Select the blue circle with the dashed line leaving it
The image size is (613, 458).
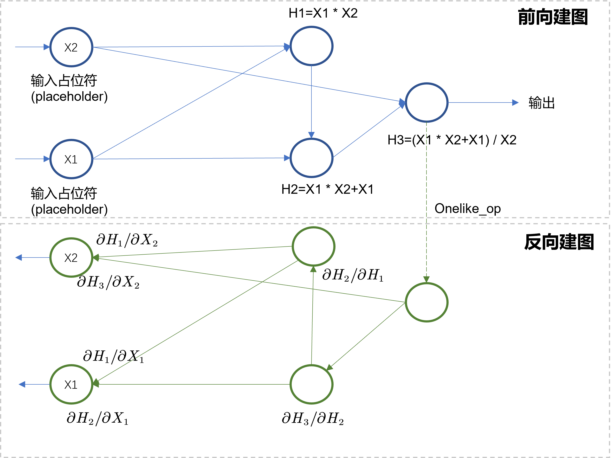click(x=426, y=103)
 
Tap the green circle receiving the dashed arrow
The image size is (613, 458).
click(x=426, y=302)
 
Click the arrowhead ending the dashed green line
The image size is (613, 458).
click(x=426, y=279)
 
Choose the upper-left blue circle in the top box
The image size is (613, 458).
click(x=71, y=47)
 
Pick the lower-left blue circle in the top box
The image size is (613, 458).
click(x=71, y=159)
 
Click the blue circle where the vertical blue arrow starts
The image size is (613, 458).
click(x=311, y=46)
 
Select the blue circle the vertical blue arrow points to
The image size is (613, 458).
click(x=311, y=158)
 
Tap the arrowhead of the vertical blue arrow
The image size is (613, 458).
click(x=311, y=135)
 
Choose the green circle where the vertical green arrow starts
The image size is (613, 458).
click(x=311, y=384)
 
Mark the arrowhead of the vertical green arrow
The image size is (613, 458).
click(x=313, y=269)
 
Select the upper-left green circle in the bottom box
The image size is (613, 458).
click(x=71, y=258)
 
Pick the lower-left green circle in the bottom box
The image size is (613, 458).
click(x=71, y=384)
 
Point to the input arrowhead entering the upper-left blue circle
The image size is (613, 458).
click(x=46, y=47)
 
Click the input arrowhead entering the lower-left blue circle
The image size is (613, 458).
click(x=46, y=159)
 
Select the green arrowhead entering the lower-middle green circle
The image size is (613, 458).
click(x=329, y=368)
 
